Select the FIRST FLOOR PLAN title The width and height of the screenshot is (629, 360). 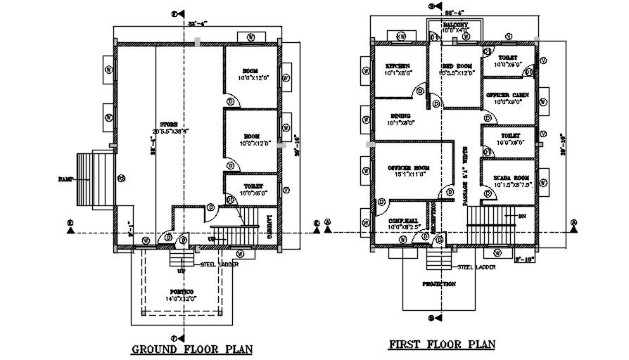pos(443,345)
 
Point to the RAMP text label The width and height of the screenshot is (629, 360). pos(67,179)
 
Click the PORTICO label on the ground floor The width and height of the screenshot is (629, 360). pos(181,291)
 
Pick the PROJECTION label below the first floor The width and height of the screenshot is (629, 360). pos(439,284)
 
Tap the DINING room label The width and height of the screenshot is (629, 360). pos(398,117)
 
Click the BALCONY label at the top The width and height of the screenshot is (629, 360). pos(455,25)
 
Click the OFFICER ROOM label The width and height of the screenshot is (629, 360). pos(408,168)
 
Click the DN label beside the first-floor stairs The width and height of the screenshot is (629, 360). pos(523,216)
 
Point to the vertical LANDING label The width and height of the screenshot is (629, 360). pos(271,227)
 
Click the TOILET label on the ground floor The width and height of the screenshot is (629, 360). pos(250,186)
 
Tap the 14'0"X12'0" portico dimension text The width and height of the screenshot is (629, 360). pos(181,299)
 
